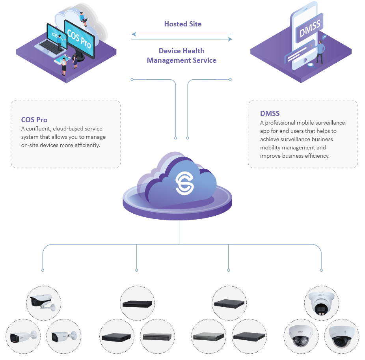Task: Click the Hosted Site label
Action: [182, 24]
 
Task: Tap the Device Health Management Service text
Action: [182, 56]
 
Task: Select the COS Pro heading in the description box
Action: [34, 120]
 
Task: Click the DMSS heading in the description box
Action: [270, 114]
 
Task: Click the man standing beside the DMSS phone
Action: [321, 51]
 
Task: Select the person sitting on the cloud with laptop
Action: [83, 19]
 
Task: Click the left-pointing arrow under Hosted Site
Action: [134, 34]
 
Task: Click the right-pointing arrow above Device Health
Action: [230, 39]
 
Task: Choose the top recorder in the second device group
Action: [137, 304]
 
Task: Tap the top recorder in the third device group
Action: [229, 303]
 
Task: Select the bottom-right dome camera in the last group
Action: [341, 336]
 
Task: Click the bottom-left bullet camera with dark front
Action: [23, 336]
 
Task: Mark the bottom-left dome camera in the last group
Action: [301, 336]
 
